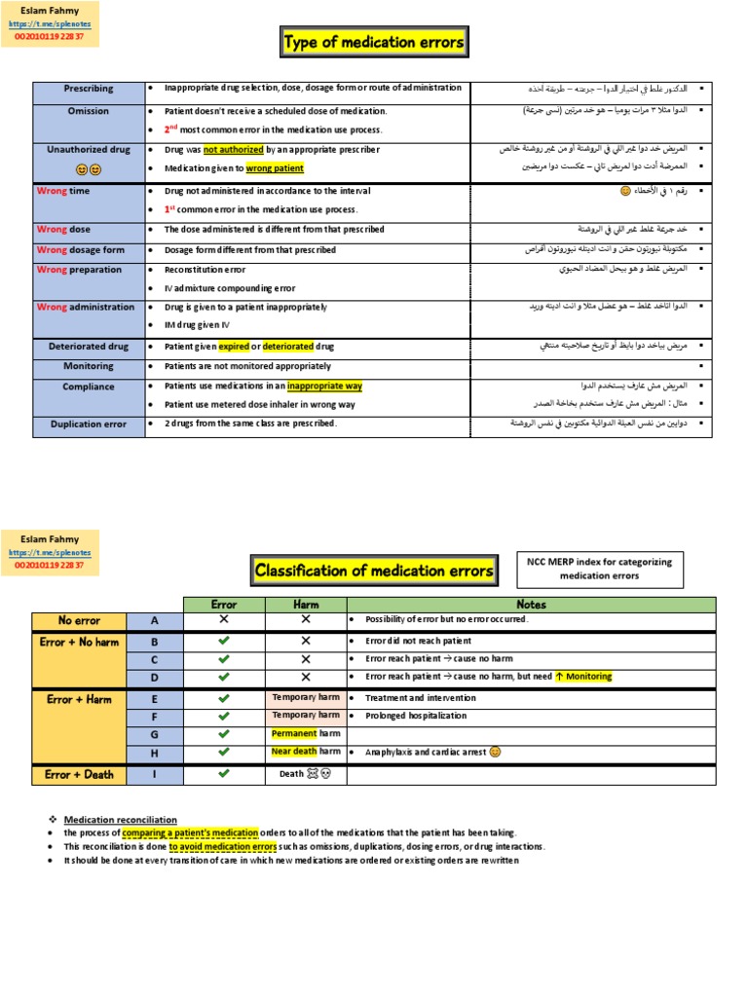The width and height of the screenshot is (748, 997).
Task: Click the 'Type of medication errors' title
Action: tap(373, 43)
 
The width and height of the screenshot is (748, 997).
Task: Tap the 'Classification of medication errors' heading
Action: tap(373, 571)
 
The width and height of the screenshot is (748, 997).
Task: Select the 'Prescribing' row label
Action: tap(89, 89)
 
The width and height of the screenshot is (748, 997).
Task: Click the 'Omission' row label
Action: tap(89, 111)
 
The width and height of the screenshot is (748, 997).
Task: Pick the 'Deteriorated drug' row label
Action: tap(89, 347)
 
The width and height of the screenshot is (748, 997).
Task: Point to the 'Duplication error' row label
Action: tap(89, 425)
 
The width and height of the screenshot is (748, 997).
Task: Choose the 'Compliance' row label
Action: tap(89, 387)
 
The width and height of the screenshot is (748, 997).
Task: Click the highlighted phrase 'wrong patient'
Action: tap(275, 168)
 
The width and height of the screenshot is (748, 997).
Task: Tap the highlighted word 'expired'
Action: tap(234, 347)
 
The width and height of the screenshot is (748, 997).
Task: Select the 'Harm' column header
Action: tap(305, 605)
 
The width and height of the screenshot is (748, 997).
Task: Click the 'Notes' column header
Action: tap(531, 605)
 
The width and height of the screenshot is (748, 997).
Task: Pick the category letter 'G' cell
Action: tap(154, 733)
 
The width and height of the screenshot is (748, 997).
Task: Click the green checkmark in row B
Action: tap(224, 642)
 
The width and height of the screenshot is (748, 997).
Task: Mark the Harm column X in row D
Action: tap(305, 677)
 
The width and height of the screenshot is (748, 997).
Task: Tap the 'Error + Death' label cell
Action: tap(79, 775)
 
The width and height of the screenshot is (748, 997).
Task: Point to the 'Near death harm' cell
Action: tap(305, 752)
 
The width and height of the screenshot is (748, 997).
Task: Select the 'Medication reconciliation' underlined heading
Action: tap(121, 819)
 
